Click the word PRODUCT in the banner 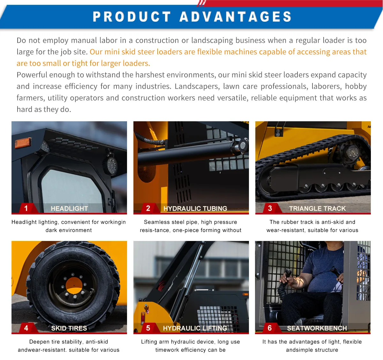pyautogui.click(x=132, y=17)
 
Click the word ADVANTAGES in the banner pyautogui.click(x=236, y=17)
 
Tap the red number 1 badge pyautogui.click(x=27, y=208)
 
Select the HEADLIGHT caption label pyautogui.click(x=69, y=208)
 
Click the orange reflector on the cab pyautogui.click(x=23, y=143)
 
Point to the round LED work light pyautogui.click(x=110, y=166)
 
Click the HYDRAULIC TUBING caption pyautogui.click(x=195, y=208)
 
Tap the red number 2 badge pyautogui.click(x=149, y=208)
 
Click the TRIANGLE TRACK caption pyautogui.click(x=317, y=208)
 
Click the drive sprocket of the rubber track pyautogui.click(x=353, y=153)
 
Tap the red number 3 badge pyautogui.click(x=271, y=208)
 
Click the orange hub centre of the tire pyautogui.click(x=74, y=286)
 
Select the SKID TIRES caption pyautogui.click(x=69, y=328)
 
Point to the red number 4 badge pyautogui.click(x=27, y=328)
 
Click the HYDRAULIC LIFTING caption pyautogui.click(x=195, y=328)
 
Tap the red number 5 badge pyautogui.click(x=149, y=328)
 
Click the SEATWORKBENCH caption pyautogui.click(x=317, y=328)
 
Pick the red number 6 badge pyautogui.click(x=271, y=328)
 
